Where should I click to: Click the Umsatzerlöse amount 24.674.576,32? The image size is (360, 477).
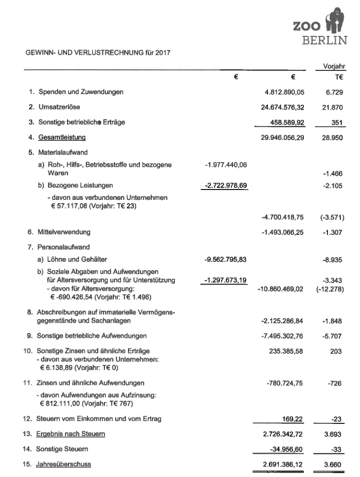[x=282, y=107]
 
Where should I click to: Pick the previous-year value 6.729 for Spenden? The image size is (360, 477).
[x=333, y=92]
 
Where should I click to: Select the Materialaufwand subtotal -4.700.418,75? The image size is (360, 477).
[x=282, y=217]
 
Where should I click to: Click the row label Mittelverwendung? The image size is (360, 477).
[x=64, y=231]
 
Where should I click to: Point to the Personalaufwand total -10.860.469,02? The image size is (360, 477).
[x=280, y=288]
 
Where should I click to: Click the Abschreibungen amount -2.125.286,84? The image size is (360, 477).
[x=282, y=321]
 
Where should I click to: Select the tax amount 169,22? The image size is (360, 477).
[x=293, y=419]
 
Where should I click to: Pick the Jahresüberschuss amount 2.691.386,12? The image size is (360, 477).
[x=282, y=464]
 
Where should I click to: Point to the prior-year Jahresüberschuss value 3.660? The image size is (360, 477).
[x=333, y=464]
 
